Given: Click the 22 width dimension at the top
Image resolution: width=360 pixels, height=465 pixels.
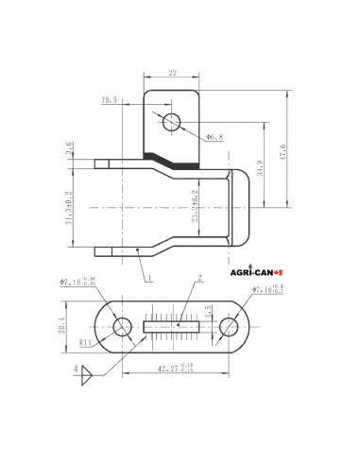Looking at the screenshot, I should (x=173, y=73).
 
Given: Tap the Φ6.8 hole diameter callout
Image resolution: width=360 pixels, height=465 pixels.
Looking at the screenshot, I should (x=214, y=137).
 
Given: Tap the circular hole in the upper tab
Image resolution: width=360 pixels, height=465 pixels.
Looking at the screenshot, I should (x=171, y=122).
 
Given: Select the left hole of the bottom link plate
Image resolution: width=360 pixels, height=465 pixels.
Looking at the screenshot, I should (x=123, y=326).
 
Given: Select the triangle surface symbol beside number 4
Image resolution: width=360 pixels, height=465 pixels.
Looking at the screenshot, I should (x=85, y=377).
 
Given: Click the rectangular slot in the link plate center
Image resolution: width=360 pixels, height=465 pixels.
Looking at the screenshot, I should (x=173, y=327).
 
